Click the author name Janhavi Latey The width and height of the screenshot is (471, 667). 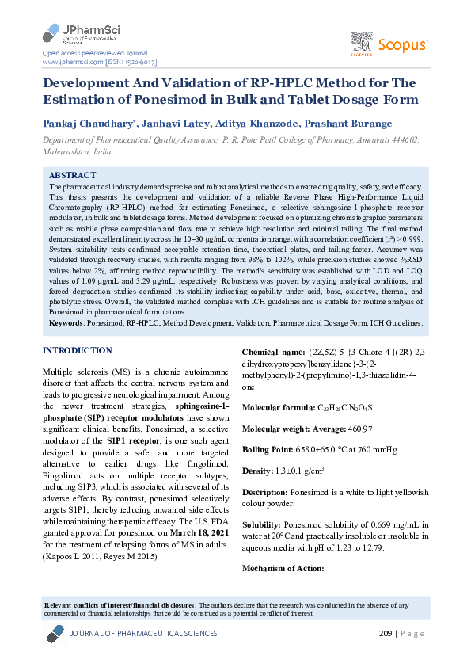175,124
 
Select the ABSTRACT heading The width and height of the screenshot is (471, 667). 73,174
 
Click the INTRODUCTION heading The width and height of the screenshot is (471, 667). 77,350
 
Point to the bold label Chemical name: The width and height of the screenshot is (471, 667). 272,352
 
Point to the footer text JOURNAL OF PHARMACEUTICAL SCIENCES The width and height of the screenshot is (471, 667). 143,634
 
